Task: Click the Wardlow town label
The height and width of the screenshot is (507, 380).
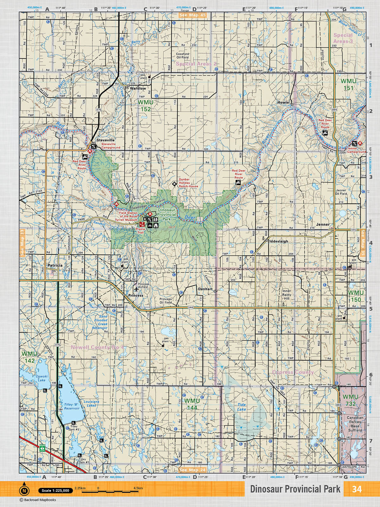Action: coord(138,88)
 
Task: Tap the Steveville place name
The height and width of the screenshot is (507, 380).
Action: coord(106,140)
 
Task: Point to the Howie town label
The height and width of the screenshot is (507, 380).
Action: coord(283,102)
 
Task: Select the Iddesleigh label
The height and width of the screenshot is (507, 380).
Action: coord(279,241)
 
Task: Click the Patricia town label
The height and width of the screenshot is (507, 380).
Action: coord(55,265)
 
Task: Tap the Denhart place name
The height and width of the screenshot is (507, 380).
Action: coord(205,289)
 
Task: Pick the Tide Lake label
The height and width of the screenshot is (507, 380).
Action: coord(242,407)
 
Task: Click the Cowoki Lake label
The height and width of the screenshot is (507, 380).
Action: coord(41,378)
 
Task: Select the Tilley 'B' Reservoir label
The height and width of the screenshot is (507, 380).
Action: coord(72,407)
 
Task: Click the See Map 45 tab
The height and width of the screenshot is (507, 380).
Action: coord(193,15)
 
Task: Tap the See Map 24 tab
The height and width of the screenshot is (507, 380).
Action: coord(193,470)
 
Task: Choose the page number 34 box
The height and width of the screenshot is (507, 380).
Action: coord(357,489)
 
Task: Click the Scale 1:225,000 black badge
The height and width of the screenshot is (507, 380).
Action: coord(55,491)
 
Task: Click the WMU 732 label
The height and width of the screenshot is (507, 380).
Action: coord(350,400)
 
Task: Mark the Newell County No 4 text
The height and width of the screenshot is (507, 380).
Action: coord(97,347)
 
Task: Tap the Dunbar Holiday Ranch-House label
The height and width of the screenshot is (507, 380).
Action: coord(188,183)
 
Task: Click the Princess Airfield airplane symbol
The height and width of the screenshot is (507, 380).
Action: coord(136,289)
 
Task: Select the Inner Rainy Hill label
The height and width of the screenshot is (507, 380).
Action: coord(286,295)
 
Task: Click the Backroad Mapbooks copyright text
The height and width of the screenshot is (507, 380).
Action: coord(38,500)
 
